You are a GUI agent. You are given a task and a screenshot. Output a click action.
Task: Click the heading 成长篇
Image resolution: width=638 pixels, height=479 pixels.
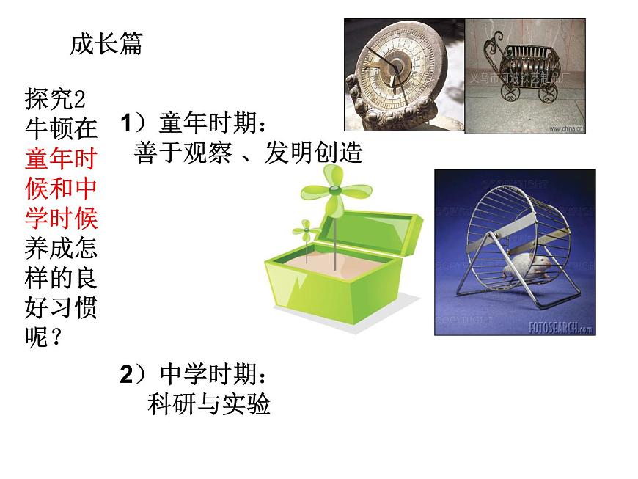[106, 44]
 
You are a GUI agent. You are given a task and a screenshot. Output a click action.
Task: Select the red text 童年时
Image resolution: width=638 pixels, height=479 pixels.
[61, 158]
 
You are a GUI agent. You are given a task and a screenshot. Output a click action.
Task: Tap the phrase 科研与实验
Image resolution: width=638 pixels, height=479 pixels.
[209, 404]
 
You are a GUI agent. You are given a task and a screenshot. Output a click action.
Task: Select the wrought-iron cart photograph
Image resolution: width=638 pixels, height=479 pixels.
[525, 75]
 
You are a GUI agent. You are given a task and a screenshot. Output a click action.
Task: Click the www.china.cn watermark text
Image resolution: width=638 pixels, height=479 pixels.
[565, 128]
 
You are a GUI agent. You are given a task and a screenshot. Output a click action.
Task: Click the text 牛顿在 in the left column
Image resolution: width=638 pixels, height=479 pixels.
[61, 128]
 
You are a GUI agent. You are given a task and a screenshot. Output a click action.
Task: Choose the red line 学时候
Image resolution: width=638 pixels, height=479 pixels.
[61, 219]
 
